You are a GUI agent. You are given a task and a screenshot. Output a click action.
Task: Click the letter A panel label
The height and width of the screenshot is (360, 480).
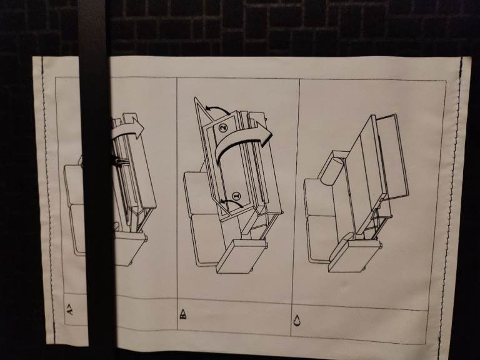click(x=70, y=309)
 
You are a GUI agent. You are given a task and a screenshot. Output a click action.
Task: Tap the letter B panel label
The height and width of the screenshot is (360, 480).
click(x=182, y=314)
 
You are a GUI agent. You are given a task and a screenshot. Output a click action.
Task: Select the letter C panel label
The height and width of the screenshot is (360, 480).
click(x=297, y=320)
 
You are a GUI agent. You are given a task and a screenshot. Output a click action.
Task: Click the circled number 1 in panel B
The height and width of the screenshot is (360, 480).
click(x=236, y=196)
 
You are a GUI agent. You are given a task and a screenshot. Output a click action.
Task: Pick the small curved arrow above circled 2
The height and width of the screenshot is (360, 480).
click(x=217, y=109)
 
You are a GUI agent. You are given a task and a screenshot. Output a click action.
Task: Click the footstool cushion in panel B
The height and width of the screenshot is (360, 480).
click(x=242, y=256)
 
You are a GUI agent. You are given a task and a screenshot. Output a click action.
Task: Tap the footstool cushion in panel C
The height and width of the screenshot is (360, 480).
click(x=354, y=255)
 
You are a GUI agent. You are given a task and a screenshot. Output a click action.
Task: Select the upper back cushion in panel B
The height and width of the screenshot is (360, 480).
click(x=198, y=194)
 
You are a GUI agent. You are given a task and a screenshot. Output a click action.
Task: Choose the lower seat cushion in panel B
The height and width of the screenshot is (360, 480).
click(x=206, y=239)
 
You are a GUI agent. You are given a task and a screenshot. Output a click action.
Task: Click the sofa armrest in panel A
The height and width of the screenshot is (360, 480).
click(x=130, y=248)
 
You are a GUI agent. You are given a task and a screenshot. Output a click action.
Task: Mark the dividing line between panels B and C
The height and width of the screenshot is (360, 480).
click(x=295, y=208)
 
